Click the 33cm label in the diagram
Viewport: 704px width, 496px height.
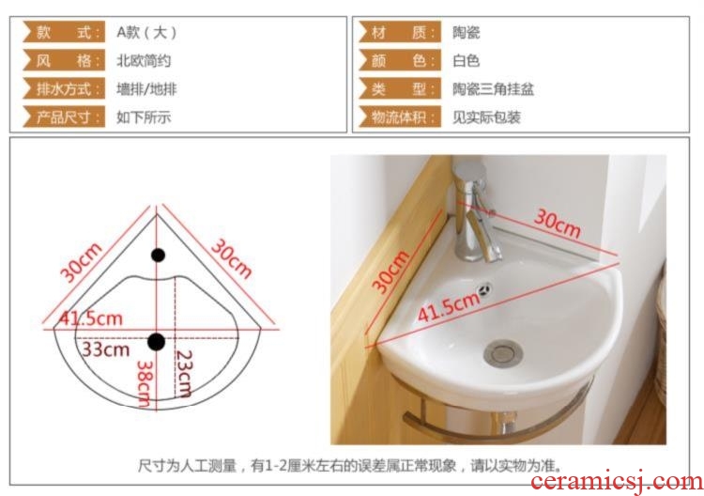click(x=105, y=349)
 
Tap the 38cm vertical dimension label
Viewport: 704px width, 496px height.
click(x=145, y=383)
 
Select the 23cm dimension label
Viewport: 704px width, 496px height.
click(x=184, y=373)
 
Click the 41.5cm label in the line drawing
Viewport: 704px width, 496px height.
click(x=91, y=318)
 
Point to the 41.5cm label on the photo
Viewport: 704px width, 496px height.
click(x=449, y=307)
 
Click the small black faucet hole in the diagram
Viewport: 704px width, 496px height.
click(x=158, y=256)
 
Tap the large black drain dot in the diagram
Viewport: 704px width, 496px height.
click(x=156, y=342)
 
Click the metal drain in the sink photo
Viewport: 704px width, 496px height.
click(x=503, y=351)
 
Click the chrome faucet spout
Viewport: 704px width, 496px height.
click(x=482, y=236)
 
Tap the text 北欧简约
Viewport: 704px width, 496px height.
click(x=144, y=61)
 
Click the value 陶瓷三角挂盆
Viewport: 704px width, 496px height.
click(x=493, y=89)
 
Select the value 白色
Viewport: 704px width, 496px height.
click(x=466, y=61)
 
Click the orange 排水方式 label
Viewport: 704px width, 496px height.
click(x=64, y=88)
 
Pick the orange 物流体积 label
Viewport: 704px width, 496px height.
click(x=400, y=116)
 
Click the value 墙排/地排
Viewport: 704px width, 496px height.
click(x=146, y=89)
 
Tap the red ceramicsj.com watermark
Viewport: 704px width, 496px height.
click(x=617, y=482)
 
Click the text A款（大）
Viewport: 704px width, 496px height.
click(x=146, y=32)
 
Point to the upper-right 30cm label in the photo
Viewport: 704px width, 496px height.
click(x=558, y=224)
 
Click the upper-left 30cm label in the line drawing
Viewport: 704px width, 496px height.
click(x=82, y=263)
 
